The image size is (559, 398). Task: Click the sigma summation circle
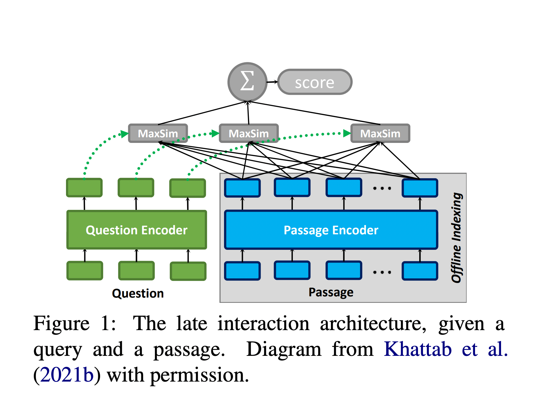[x=247, y=82]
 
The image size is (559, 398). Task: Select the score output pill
[x=315, y=82]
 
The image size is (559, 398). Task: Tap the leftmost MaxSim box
[x=158, y=133]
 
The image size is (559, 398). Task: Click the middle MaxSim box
[x=249, y=133]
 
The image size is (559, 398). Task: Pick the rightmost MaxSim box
[x=380, y=133]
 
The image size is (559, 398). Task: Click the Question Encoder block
[x=136, y=230]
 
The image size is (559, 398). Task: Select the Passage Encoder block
[x=331, y=230]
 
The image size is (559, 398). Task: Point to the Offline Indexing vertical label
[x=456, y=238]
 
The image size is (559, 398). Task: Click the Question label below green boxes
[x=138, y=293]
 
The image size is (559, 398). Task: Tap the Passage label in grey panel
[x=331, y=292]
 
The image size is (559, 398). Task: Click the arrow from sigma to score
[x=272, y=82]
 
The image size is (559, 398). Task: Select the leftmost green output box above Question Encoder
[x=84, y=188]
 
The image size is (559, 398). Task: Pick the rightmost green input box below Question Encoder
[x=188, y=271]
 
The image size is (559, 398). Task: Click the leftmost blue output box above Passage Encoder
[x=242, y=188]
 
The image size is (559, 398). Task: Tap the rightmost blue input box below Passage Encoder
[x=420, y=271]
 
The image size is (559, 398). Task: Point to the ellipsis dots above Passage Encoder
[x=382, y=188]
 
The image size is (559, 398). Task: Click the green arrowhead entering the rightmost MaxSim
[x=347, y=134]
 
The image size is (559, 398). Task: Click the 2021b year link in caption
[x=67, y=375]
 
